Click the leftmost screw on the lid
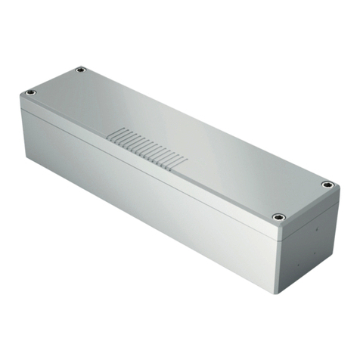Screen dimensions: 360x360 (31, 93)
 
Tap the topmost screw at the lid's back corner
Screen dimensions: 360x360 (81, 70)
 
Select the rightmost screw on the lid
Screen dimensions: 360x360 (327, 184)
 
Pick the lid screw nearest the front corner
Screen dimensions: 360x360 (278, 217)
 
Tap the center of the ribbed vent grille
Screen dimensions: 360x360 (146, 148)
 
